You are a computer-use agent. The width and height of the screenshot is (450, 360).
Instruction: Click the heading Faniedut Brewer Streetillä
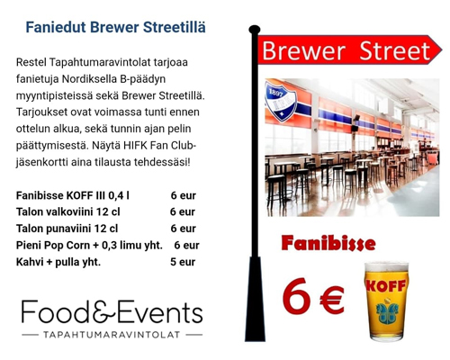115,27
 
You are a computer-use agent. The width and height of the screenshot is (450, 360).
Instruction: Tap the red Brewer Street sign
349,49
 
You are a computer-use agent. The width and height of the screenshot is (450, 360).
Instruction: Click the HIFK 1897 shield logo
281,101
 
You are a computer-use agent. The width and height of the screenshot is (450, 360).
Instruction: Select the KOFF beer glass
386,301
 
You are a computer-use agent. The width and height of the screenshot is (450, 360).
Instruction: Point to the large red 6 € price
313,297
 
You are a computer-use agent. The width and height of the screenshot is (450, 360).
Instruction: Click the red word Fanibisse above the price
328,244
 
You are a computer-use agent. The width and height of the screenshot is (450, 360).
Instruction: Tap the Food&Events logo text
112,311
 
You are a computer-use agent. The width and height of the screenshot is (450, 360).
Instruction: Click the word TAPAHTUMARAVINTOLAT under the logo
112,335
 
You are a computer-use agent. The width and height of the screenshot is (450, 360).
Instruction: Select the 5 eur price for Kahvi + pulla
183,262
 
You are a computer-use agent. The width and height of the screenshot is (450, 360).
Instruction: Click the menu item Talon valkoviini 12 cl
68,211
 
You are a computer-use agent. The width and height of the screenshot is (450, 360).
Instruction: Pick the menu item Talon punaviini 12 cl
67,229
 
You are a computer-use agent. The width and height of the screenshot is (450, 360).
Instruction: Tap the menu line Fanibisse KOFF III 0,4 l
73,195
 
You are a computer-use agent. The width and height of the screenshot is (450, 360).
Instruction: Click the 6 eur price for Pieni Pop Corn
186,245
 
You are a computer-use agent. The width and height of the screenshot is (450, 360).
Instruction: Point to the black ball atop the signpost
255,30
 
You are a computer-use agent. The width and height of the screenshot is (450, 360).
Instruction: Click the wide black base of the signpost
255,299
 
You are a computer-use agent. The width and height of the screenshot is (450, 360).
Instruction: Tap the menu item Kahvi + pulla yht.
58,262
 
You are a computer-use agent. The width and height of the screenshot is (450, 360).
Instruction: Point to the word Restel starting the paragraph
31,62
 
